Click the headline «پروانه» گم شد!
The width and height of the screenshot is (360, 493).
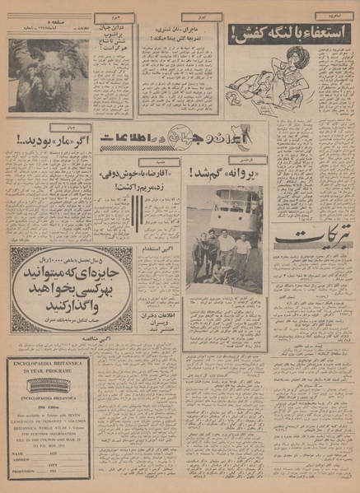222,174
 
